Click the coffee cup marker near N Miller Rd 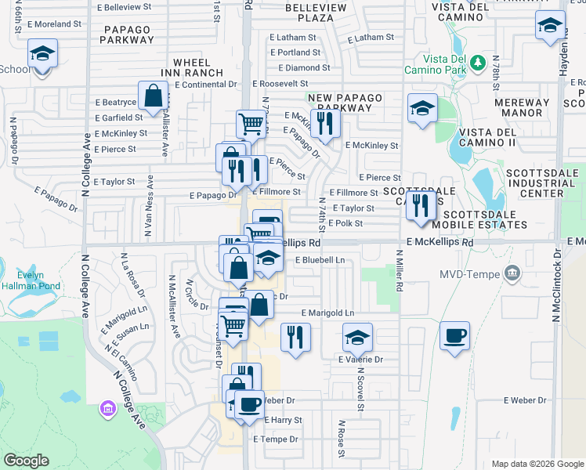pos(454,336)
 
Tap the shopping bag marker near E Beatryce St pos(154,96)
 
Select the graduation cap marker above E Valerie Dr pos(357,338)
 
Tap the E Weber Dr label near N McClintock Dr pos(525,400)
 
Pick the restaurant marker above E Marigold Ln pos(295,338)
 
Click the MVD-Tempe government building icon pos(512,273)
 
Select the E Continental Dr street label pos(205,84)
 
